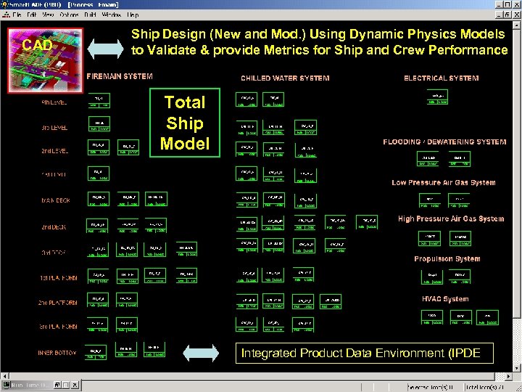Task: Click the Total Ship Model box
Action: (185, 122)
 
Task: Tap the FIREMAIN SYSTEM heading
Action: (120, 76)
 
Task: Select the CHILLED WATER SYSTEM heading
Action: (285, 78)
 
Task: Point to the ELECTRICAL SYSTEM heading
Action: (441, 78)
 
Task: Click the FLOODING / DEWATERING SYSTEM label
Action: (444, 142)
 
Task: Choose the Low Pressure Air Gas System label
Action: (443, 183)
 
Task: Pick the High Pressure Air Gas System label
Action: (450, 219)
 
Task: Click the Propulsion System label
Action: (447, 258)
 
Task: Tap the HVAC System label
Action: (445, 299)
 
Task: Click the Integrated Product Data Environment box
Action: (365, 353)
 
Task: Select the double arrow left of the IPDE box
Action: (200, 353)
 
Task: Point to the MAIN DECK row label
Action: (55, 201)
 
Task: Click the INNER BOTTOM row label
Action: (57, 353)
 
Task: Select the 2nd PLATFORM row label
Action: (57, 303)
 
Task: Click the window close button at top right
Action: (516, 4)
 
